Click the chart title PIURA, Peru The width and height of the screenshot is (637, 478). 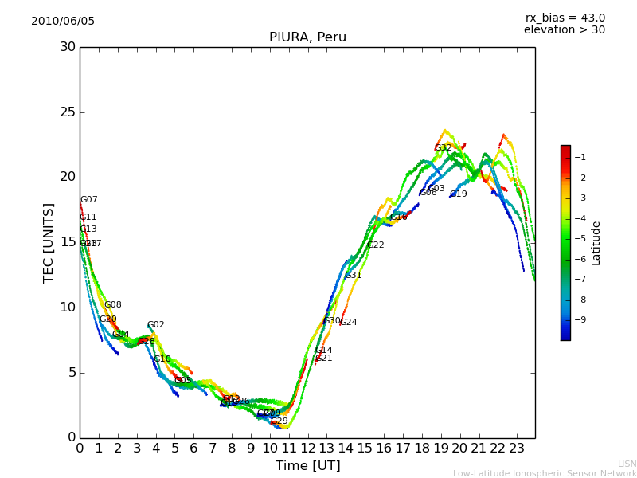pos(307,37)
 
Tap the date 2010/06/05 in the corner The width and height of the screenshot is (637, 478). pos(63,22)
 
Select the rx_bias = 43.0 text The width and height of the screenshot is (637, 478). pos(565,18)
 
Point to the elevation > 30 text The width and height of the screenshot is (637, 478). pos(564,30)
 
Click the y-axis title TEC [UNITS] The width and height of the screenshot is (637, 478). pos(49,242)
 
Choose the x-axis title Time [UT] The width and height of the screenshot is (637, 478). pos(307,466)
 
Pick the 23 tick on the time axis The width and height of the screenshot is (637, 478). pos(517,449)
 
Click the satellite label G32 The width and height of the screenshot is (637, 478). pos(444,148)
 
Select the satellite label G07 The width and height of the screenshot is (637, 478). pos(89,200)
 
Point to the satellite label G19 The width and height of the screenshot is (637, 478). pos(459,194)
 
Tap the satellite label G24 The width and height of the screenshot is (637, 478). pos(349,323)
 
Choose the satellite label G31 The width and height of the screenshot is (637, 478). pos(354,276)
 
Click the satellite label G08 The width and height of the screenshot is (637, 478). pos(113,305)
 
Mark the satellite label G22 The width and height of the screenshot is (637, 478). pos(376,245)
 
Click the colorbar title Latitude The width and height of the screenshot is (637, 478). pos(596,243)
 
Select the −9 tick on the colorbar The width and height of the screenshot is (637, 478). pos(580,320)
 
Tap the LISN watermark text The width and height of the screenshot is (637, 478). pos(627,464)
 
